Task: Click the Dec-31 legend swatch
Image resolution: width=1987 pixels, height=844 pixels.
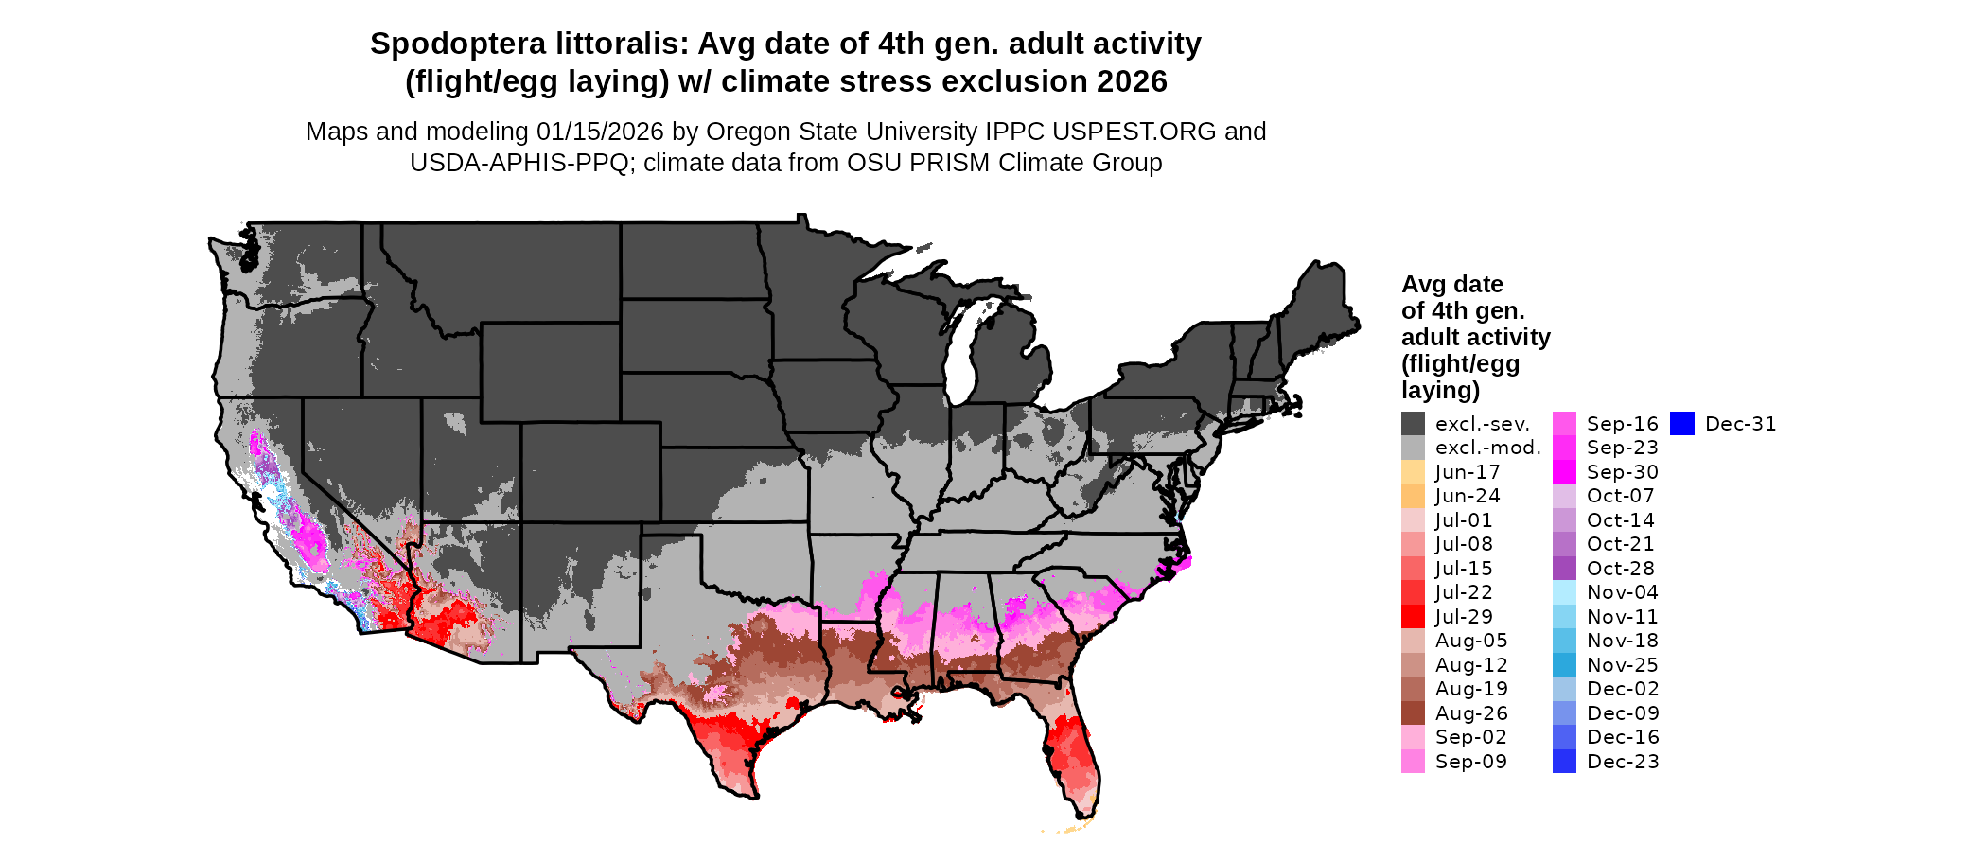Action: click(x=1681, y=424)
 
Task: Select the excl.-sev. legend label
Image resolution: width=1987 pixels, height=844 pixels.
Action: click(x=1482, y=424)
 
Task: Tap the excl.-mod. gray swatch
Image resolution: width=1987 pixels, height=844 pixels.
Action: click(x=1413, y=448)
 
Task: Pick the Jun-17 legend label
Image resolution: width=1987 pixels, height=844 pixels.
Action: click(x=1467, y=472)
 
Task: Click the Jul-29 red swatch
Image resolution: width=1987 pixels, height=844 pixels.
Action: click(x=1413, y=617)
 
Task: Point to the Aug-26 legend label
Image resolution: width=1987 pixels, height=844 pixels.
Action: click(x=1471, y=713)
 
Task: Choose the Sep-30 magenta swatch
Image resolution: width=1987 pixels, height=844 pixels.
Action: click(x=1564, y=472)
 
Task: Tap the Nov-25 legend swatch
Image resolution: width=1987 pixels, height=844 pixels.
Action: click(x=1564, y=665)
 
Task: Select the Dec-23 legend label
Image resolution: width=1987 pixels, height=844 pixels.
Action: click(x=1623, y=762)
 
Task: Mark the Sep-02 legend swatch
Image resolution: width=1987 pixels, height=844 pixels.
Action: click(x=1413, y=737)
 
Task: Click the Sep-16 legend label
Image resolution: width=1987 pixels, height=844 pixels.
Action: click(x=1622, y=424)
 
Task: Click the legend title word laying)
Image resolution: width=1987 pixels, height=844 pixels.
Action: click(x=1440, y=390)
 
